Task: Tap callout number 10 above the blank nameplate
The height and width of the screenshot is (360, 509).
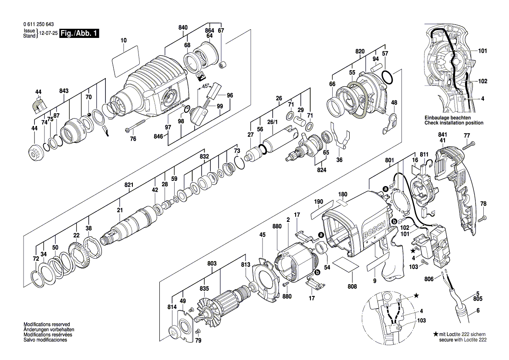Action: point(124,41)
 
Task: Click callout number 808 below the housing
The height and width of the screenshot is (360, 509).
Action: point(352,286)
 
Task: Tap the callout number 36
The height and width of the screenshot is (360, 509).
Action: point(340,160)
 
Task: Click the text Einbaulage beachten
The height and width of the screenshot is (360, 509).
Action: point(448,118)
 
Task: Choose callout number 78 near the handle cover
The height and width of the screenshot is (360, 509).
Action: point(483,204)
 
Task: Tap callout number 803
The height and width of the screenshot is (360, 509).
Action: point(212,264)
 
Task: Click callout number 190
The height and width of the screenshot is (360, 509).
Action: point(318,202)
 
